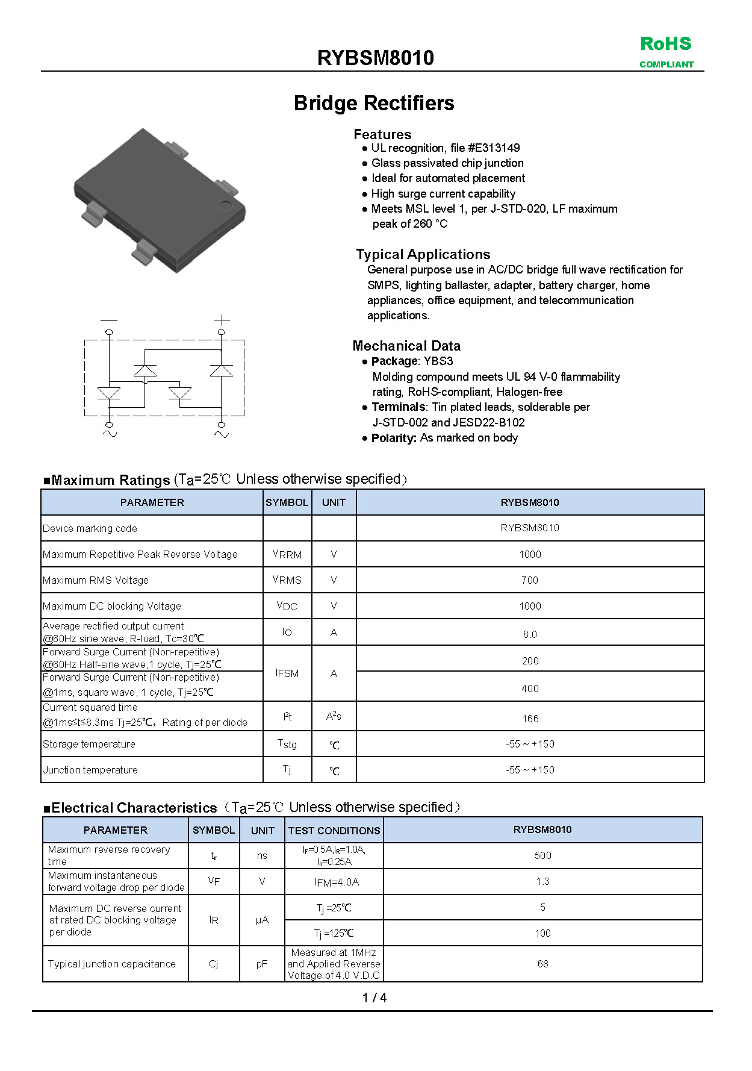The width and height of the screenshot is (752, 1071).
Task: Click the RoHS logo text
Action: click(666, 44)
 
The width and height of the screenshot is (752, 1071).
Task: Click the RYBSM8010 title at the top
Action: click(375, 58)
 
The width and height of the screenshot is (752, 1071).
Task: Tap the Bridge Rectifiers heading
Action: click(374, 103)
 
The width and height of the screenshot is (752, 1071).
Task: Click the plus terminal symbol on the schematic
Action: click(222, 320)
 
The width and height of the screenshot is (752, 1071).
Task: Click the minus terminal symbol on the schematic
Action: click(109, 320)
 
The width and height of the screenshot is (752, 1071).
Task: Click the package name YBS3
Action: click(438, 361)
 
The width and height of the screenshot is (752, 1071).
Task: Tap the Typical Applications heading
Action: click(423, 254)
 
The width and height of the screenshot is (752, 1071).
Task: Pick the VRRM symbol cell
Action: click(287, 554)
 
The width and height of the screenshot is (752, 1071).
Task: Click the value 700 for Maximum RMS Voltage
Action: click(530, 580)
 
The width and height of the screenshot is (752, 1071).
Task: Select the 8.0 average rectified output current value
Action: click(530, 634)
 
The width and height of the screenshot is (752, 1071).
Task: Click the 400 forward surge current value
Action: click(530, 688)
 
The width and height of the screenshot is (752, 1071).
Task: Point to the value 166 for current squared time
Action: click(530, 719)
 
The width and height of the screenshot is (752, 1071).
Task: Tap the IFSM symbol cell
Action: click(287, 673)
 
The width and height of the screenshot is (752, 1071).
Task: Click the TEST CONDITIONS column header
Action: click(334, 831)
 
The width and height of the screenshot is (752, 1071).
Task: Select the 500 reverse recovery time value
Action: click(542, 856)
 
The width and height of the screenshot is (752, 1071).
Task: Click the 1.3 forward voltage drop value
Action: click(542, 882)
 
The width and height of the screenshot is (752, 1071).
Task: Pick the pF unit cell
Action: click(262, 964)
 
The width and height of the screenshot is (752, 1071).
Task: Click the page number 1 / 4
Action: click(374, 998)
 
